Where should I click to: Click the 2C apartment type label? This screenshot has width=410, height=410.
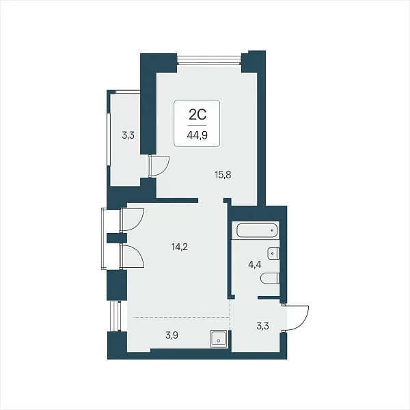tap(197, 115)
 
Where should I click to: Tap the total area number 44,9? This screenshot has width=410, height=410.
tap(197, 135)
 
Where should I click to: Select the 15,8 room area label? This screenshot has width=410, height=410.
tap(223, 175)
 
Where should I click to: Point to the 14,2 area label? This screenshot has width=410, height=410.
tap(180, 247)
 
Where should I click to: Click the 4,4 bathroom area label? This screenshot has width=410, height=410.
tap(255, 264)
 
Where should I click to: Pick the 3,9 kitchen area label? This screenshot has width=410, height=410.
tap(172, 335)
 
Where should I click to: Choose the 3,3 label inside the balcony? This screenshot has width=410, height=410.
tap(128, 135)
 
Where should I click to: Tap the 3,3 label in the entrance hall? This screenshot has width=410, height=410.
tap(262, 326)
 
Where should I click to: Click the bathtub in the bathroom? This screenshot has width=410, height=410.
tap(257, 230)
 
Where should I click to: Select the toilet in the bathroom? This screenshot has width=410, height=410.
tap(270, 278)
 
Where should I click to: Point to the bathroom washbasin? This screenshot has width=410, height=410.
tap(273, 254)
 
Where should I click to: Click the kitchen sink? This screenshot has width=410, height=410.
tap(219, 339)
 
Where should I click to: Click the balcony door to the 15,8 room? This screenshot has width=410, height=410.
tap(159, 167)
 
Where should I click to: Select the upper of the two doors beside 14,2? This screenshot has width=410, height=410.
tap(131, 219)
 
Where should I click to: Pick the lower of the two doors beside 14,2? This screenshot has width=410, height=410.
tap(131, 256)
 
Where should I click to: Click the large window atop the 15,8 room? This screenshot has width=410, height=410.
tap(209, 59)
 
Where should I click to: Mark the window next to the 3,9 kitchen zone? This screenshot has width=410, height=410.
tap(115, 316)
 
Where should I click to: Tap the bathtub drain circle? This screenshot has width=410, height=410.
tap(273, 231)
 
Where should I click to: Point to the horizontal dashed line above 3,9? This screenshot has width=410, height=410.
tap(182, 317)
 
